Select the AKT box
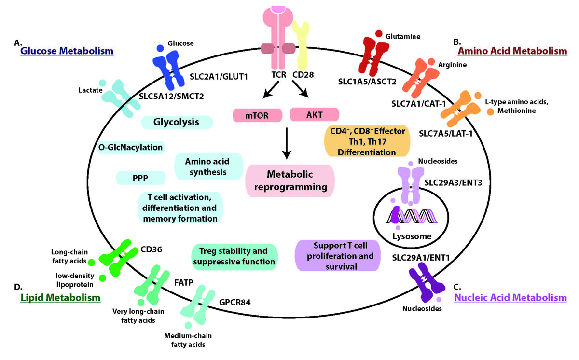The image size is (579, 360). click(x=314, y=114)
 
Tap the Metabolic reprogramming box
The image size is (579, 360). click(x=290, y=180)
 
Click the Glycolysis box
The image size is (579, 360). click(x=176, y=122)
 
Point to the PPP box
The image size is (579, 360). click(x=141, y=178)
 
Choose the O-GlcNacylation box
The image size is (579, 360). click(x=130, y=147)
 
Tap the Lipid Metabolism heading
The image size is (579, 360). click(x=60, y=298)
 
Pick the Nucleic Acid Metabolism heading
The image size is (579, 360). click(x=510, y=298)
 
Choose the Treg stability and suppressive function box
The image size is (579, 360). click(x=236, y=257)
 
